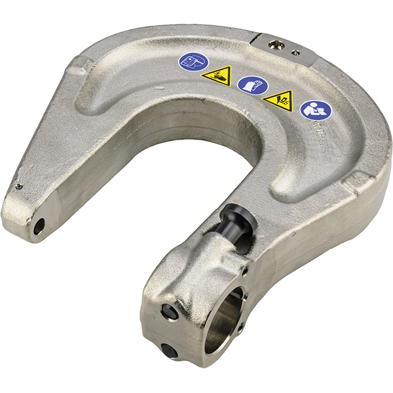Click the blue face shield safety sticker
tap(193, 63)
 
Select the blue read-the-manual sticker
tap(315, 109)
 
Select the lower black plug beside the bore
tap(170, 352)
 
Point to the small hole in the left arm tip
tap(39, 225)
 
